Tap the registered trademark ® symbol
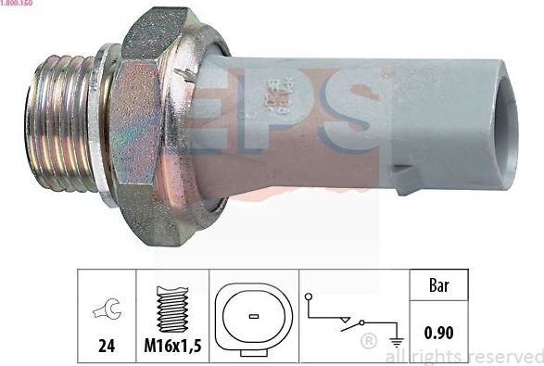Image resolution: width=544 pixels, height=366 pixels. click(x=368, y=343)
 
